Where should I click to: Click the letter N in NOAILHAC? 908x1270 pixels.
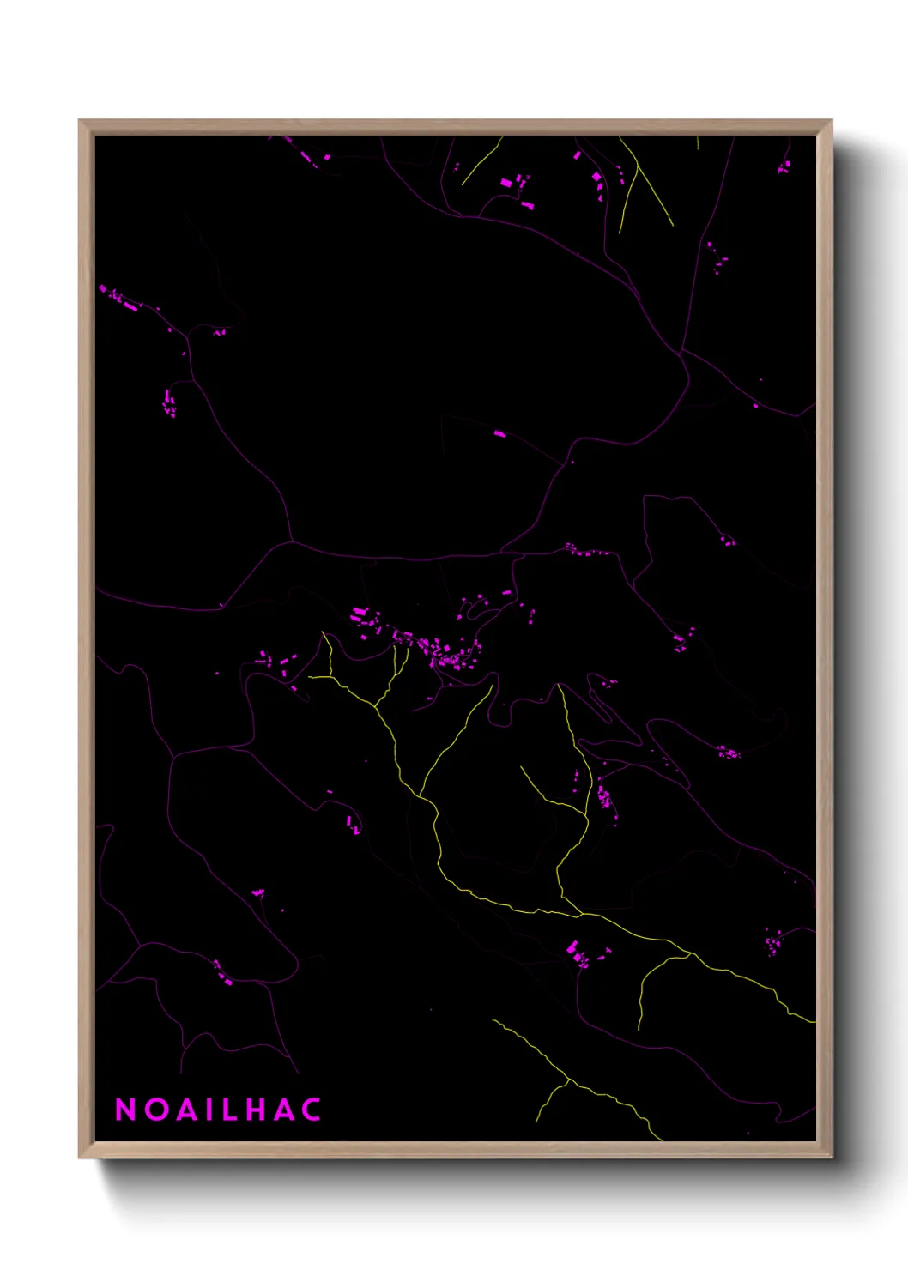point(126,1110)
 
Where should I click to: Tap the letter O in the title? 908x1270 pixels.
point(155,1110)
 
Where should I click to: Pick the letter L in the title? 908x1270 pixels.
point(227,1110)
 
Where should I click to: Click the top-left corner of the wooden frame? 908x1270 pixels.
point(80,121)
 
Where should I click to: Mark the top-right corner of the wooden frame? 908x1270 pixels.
point(831,121)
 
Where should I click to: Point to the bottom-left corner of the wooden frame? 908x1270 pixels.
point(80,1157)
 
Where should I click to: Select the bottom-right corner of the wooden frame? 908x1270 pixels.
point(831,1157)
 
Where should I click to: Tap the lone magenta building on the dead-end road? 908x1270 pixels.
point(499,434)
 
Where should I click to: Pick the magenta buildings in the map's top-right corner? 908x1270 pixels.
point(784,166)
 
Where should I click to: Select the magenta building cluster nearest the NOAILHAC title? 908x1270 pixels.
point(222,972)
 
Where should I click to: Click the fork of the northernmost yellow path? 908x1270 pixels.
point(636,168)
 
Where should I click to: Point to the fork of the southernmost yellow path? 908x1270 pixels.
point(568,1080)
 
